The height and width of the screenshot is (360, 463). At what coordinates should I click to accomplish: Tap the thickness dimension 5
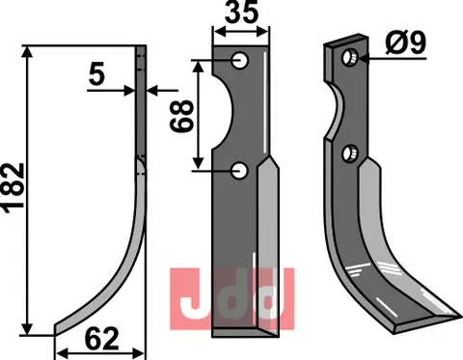pos(96,76)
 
